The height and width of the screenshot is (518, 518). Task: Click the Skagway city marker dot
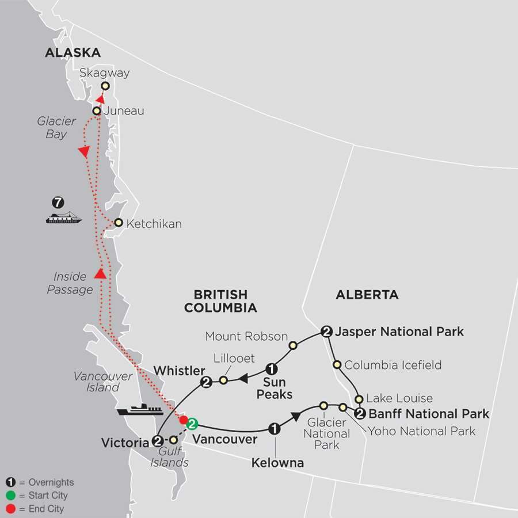tap(105, 86)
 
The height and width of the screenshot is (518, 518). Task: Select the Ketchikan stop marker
tap(118, 223)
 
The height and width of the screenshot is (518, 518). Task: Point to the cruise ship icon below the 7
tap(63, 218)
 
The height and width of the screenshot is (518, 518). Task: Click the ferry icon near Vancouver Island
tap(140, 410)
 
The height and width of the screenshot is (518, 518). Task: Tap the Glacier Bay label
tap(56, 128)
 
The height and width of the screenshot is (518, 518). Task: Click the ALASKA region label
tap(73, 53)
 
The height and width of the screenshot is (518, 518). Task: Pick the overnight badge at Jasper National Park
tap(326, 331)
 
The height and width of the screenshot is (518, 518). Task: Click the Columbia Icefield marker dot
tap(337, 364)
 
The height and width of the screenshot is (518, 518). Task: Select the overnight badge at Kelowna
tap(275, 429)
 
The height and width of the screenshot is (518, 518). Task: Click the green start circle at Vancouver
tap(192, 424)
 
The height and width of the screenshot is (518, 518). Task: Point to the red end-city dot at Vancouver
tap(184, 419)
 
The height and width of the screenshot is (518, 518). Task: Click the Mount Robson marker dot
tap(292, 345)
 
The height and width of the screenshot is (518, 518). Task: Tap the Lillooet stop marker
tap(223, 380)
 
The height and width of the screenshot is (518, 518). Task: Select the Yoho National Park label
tap(422, 431)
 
